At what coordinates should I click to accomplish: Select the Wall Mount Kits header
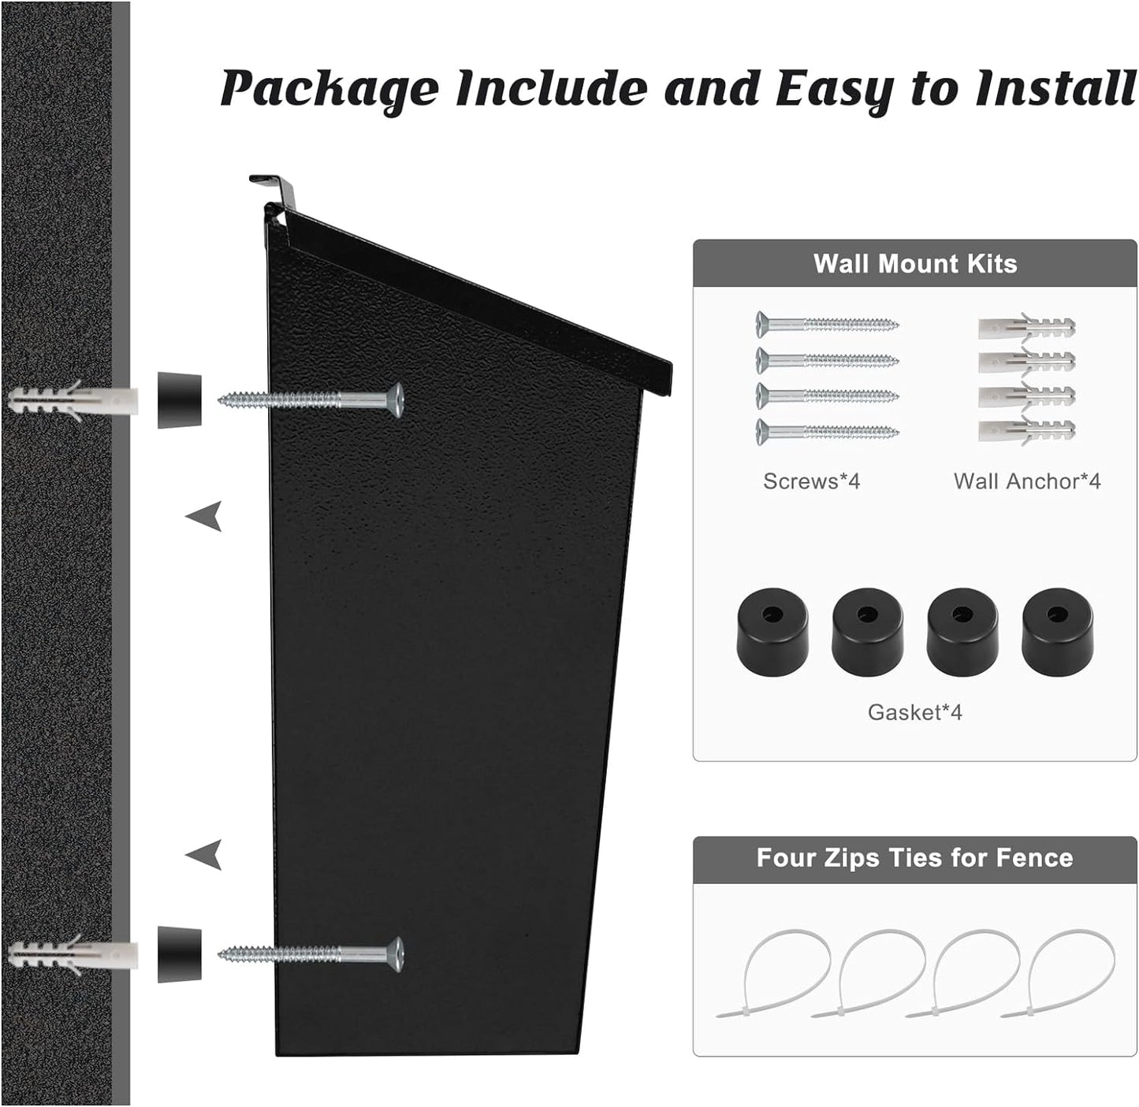(914, 263)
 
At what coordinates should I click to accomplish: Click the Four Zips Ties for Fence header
(914, 857)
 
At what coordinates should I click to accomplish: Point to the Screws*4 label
(811, 481)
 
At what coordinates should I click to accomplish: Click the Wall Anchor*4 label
(1026, 481)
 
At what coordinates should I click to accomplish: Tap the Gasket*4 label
(914, 712)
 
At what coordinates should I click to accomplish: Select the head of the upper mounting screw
(396, 399)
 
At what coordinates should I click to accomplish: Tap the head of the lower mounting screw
(396, 954)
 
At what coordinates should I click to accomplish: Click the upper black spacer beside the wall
(179, 400)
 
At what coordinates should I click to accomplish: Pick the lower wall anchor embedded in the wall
(71, 954)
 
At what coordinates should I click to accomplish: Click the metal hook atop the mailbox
(276, 189)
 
